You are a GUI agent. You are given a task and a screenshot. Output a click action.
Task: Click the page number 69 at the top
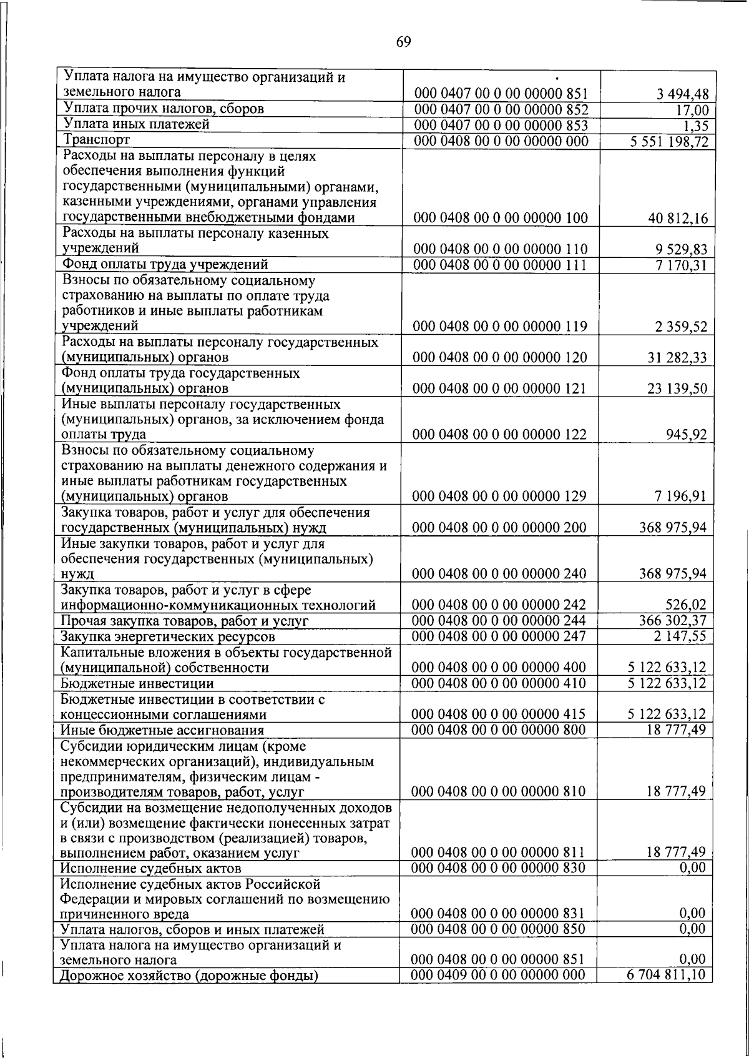point(403,42)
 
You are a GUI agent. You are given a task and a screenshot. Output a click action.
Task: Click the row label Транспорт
point(95,140)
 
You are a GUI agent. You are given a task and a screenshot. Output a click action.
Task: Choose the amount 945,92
point(687,435)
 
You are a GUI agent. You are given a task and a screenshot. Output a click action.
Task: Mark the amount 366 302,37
point(673,621)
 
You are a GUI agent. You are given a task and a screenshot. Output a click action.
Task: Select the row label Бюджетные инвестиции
point(137,684)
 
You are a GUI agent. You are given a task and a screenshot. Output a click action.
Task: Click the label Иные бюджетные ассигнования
point(162,730)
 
